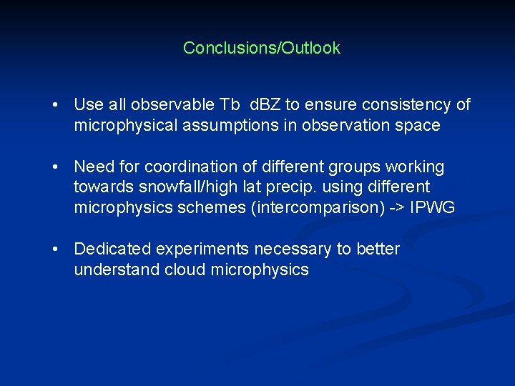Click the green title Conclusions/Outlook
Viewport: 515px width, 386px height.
(261, 48)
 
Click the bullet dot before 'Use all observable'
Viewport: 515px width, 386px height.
(54, 105)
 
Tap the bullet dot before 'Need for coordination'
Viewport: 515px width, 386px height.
(54, 167)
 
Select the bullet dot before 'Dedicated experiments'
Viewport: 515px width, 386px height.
(54, 249)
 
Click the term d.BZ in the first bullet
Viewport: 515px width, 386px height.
(265, 105)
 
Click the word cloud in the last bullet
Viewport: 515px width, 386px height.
(183, 269)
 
